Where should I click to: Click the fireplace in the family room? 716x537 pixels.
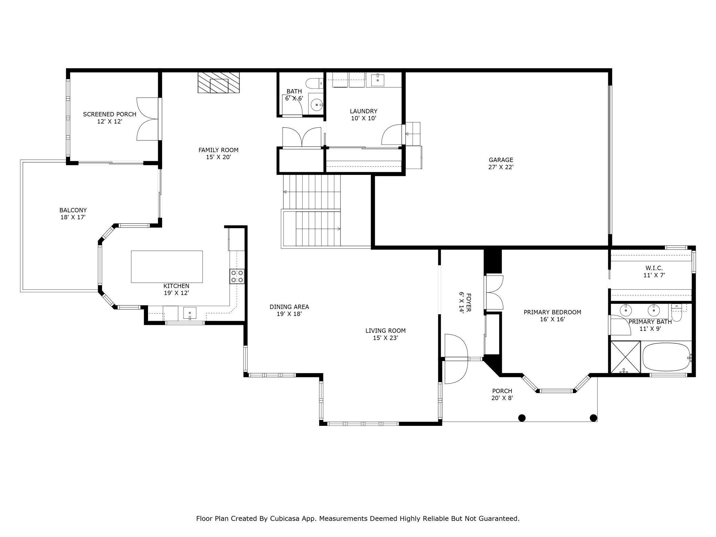coord(219,83)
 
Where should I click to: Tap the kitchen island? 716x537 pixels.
coord(167,267)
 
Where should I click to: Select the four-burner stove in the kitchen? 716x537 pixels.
coord(237,276)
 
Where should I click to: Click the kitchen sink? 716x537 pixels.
coord(190,313)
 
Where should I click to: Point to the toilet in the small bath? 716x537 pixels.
coord(314,83)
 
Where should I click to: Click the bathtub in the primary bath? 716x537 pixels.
coord(667,357)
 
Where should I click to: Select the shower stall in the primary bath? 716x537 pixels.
coord(625,357)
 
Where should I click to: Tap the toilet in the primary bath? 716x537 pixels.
coord(677,312)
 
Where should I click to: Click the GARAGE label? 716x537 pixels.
coord(501,160)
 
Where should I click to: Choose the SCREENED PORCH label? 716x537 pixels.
coord(109,114)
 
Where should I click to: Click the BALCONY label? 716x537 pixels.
coord(73,210)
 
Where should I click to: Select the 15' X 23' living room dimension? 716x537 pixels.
coord(386,338)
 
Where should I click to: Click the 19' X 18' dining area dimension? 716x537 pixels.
coord(289,314)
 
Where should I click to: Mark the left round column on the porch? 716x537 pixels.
coord(522,418)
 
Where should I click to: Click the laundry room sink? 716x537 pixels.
coord(378,80)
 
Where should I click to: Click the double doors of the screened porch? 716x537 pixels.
coord(147,119)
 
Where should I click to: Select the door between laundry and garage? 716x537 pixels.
coord(392,135)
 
